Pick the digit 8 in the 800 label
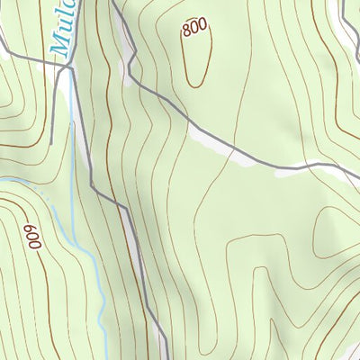point(185,31)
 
